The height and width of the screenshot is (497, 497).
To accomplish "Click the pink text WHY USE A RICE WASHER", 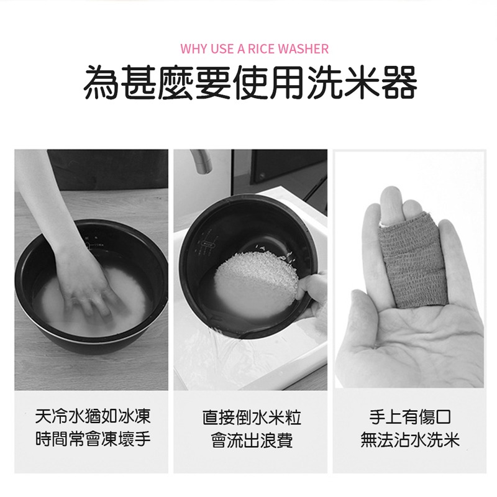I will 254,48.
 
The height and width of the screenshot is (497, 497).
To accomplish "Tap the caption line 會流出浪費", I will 252,442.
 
